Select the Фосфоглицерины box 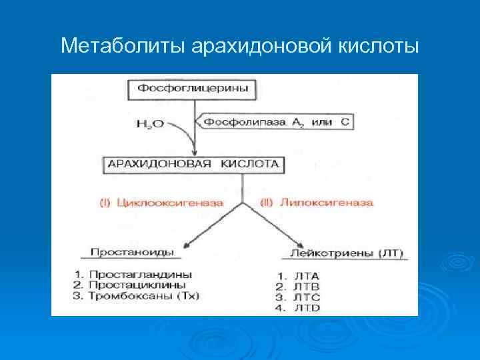click(x=194, y=89)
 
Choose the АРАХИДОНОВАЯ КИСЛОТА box click(x=193, y=164)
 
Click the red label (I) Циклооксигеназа click(x=162, y=202)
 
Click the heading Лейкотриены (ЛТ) click(x=347, y=253)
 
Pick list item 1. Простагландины click(x=134, y=274)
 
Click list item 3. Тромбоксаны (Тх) click(x=137, y=295)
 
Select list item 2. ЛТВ click(x=298, y=287)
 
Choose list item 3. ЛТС click(x=298, y=297)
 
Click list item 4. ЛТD click(x=298, y=308)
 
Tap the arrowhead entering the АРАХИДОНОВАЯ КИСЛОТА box click(x=193, y=151)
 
